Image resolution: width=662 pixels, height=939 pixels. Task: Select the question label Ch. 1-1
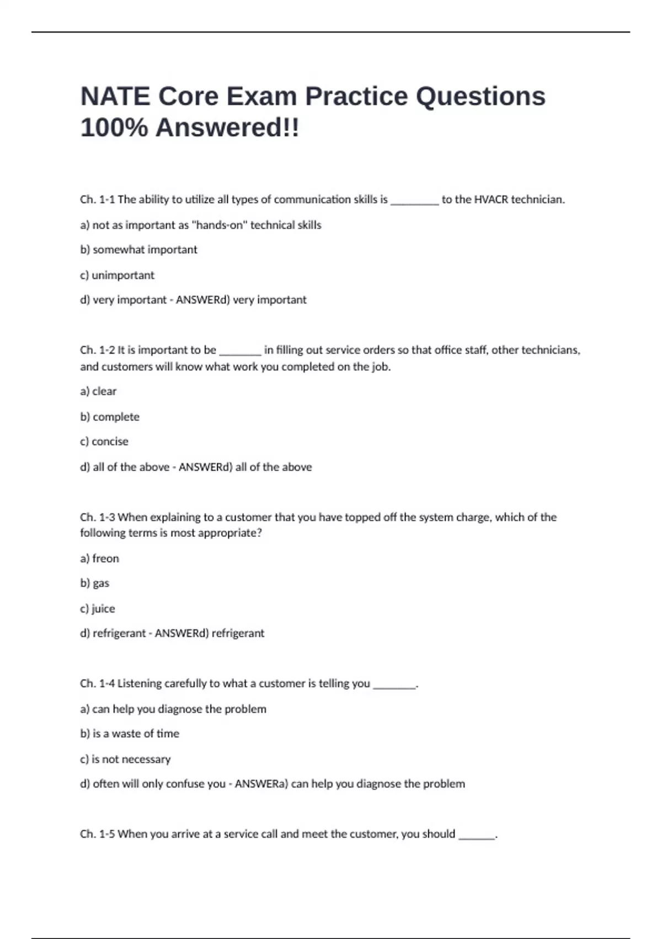(97, 199)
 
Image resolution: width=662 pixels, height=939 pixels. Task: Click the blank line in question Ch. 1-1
(414, 201)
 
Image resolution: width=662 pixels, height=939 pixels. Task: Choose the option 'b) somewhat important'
(138, 250)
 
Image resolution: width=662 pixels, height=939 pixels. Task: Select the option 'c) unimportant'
(117, 275)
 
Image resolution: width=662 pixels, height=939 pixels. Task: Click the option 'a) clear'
(98, 391)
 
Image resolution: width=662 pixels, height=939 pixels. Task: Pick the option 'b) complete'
(110, 416)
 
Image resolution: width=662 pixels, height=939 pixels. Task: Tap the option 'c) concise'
(104, 441)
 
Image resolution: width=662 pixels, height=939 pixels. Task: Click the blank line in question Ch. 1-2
(240, 352)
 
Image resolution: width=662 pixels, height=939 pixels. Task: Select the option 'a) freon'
(99, 558)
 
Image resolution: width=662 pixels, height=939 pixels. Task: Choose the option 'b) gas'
(94, 583)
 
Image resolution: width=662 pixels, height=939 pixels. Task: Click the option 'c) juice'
(98, 609)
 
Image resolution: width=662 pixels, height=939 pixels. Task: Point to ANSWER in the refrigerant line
(173, 633)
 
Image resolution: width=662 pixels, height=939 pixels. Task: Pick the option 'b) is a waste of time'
(130, 734)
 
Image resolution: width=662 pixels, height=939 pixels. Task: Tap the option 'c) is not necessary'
(125, 759)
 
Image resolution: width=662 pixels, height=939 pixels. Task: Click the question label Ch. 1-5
(97, 834)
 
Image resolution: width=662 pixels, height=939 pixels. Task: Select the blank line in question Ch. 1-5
(477, 836)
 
